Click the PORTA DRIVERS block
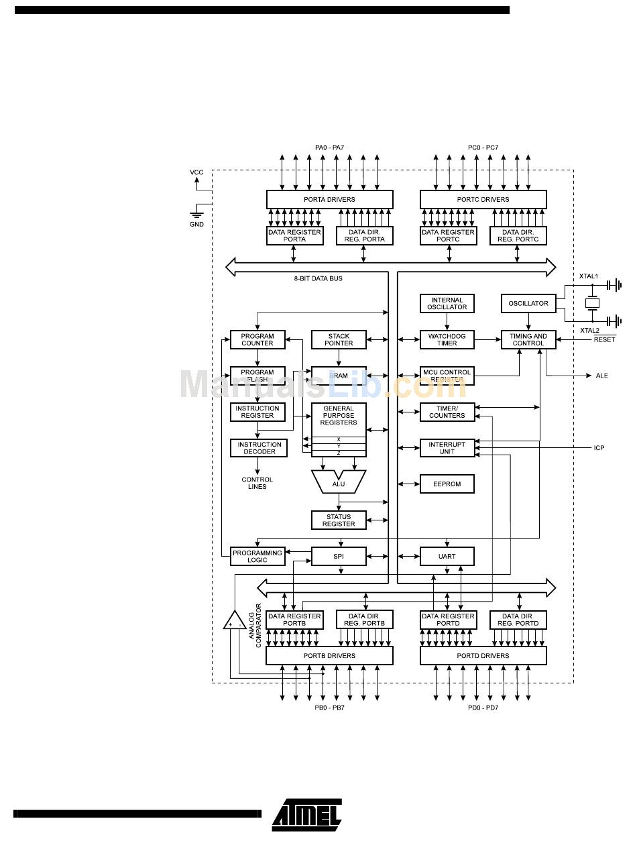(x=329, y=199)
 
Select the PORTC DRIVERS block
(x=483, y=199)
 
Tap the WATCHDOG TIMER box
(x=447, y=339)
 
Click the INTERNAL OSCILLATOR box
(x=447, y=303)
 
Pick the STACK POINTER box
(x=339, y=339)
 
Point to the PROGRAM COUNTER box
(x=257, y=339)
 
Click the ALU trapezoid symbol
(x=339, y=480)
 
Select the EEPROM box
(x=447, y=484)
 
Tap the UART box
(x=447, y=556)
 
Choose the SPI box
(x=339, y=556)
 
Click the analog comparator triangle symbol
(x=235, y=621)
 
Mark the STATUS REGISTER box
(x=339, y=520)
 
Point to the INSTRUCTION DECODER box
(x=258, y=448)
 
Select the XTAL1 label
(x=589, y=276)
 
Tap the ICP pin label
(x=599, y=447)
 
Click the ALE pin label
(x=601, y=376)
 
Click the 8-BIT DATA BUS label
(x=318, y=278)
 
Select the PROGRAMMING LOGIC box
(x=257, y=556)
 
